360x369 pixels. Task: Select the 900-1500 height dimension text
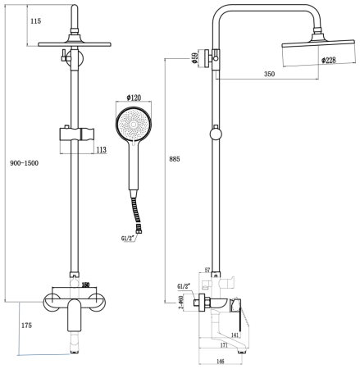point(24,162)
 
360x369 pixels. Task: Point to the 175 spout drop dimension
point(27,326)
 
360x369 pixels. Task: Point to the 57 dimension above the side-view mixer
point(207,269)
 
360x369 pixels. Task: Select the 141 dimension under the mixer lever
point(235,335)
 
